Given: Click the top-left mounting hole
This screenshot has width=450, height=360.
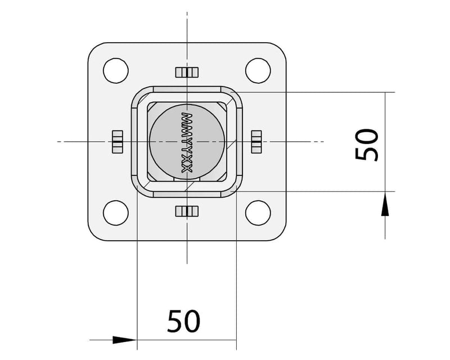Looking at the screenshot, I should point(115,70).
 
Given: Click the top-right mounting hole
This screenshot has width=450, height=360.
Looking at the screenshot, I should point(257,70).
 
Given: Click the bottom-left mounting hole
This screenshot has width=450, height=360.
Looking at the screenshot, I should point(115,212).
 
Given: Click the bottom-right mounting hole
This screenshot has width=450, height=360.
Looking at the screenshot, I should point(257,212).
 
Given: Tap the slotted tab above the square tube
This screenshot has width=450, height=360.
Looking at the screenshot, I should point(187,72).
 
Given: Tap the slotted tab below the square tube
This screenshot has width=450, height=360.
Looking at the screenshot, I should point(187,211).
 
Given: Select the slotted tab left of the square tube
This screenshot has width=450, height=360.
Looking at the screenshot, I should point(117,141).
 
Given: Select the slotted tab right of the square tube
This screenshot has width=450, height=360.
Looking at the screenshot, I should point(256,141).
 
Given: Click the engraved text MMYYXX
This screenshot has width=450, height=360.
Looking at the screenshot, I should point(188,141).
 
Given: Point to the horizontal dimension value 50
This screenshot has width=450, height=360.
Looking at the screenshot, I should point(184,321).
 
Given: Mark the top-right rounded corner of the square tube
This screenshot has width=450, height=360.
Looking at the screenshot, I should point(234,94).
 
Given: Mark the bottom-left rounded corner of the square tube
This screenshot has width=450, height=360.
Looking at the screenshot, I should point(139,189).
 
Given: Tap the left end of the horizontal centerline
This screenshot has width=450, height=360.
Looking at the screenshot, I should point(58,141).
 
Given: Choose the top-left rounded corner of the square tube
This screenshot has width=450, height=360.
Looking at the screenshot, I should point(139,94).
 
